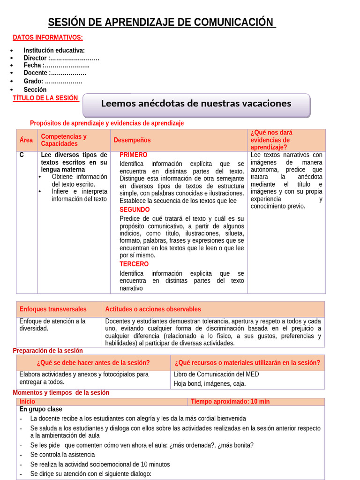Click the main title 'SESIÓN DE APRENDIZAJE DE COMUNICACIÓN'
(162, 22)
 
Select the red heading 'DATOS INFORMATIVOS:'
(48, 37)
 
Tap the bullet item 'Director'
(61, 58)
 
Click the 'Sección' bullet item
(35, 90)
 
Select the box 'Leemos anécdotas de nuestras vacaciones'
(196, 104)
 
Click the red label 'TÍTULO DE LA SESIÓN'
(45, 98)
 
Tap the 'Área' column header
(26, 140)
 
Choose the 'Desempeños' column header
(132, 140)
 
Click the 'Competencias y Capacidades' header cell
(64, 140)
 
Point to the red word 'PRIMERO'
(133, 155)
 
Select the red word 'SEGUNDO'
(135, 210)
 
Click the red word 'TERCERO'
(134, 264)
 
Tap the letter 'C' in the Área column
(22, 155)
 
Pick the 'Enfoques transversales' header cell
(53, 309)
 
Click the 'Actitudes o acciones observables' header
(153, 309)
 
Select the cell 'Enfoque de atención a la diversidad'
(52, 325)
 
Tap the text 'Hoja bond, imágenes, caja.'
(210, 383)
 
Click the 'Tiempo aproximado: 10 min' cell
(230, 402)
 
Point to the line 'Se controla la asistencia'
(62, 455)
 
